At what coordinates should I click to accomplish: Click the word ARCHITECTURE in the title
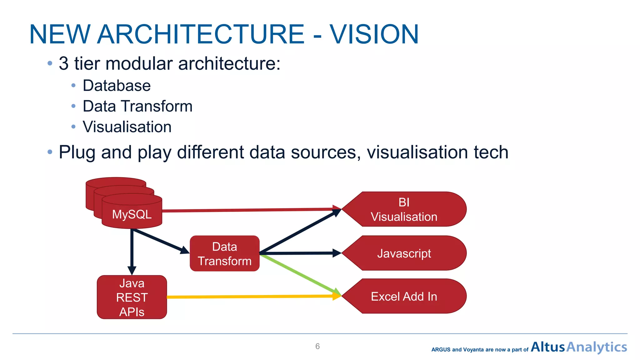pyautogui.click(x=201, y=34)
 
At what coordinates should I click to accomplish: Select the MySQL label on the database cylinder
pyautogui.click(x=132, y=214)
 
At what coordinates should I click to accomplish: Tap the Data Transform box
pyautogui.click(x=224, y=253)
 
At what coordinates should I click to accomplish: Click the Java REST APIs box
pyautogui.click(x=132, y=297)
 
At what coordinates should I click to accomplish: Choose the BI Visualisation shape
pyautogui.click(x=404, y=209)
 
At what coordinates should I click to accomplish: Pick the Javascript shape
pyautogui.click(x=404, y=253)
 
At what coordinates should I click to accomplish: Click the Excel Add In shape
pyautogui.click(x=404, y=296)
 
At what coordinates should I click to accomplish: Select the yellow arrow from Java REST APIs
pyautogui.click(x=250, y=296)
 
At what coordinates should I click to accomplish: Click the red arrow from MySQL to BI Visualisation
pyautogui.click(x=250, y=210)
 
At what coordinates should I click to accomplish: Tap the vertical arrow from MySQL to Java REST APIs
pyautogui.click(x=132, y=250)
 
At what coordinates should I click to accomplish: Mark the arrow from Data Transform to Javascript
pyautogui.click(x=300, y=253)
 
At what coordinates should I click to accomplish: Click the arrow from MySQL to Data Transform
pyautogui.click(x=159, y=241)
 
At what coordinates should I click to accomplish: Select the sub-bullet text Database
pyautogui.click(x=117, y=86)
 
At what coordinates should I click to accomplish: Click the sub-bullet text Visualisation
pyautogui.click(x=127, y=127)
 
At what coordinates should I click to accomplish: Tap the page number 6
pyautogui.click(x=317, y=346)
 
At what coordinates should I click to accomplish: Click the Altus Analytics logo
pyautogui.click(x=578, y=347)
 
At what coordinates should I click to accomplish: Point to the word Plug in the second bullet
pyautogui.click(x=77, y=152)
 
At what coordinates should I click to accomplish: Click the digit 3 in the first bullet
pyautogui.click(x=63, y=63)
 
